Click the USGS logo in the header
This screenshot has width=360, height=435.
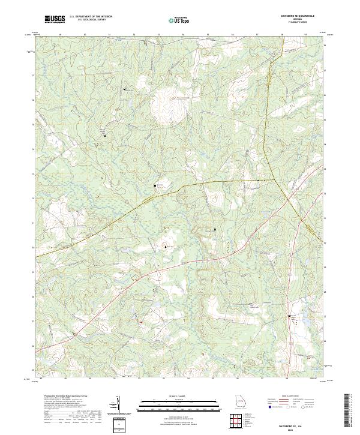(x=55, y=20)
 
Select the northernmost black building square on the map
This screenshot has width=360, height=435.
(x=125, y=89)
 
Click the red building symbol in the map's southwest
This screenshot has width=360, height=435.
(x=140, y=321)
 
